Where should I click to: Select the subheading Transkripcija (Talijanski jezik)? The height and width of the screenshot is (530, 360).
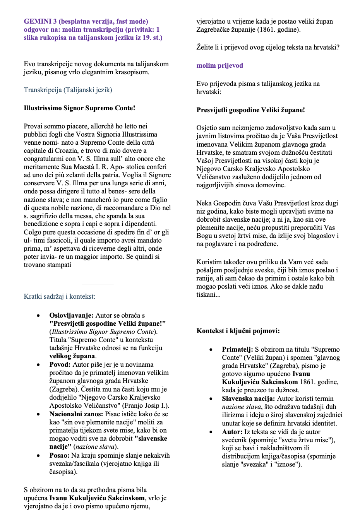click(68, 90)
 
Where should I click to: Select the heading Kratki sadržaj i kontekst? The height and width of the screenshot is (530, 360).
click(59, 296)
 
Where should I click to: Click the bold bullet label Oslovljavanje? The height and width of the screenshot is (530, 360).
click(71, 315)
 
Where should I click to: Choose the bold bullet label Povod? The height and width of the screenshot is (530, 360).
click(60, 364)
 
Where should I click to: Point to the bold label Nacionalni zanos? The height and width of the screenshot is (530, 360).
click(76, 414)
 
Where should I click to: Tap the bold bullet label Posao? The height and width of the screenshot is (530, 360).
click(59, 455)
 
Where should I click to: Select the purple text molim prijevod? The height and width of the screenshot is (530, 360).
click(219, 65)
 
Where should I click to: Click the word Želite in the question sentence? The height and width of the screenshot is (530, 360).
click(205, 47)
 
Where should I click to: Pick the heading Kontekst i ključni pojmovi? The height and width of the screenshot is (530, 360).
click(238, 331)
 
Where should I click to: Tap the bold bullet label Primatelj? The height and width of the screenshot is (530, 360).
click(237, 349)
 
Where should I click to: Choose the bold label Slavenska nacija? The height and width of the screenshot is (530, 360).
click(248, 398)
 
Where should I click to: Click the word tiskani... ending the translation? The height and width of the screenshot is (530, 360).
click(208, 294)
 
